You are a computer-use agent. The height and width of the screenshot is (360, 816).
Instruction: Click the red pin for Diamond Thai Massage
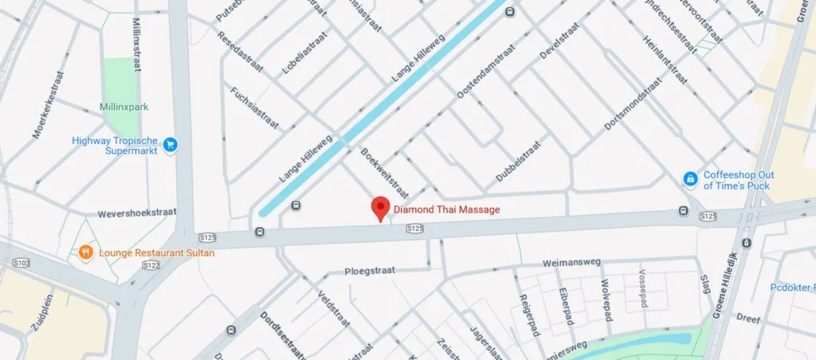pos(381,208)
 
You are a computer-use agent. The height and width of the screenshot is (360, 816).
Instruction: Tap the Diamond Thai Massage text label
pos(447,210)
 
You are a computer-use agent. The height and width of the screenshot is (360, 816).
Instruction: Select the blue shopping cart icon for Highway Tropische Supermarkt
pos(170,145)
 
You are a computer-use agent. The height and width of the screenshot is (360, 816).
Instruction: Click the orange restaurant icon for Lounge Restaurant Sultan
pos(85,252)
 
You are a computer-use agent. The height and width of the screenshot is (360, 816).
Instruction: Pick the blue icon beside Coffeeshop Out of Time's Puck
pos(689,180)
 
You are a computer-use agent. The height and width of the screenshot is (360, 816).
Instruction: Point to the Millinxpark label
pos(124,107)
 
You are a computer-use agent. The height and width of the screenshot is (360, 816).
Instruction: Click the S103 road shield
pos(22,262)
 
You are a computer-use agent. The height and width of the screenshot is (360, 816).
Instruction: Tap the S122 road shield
pos(149,264)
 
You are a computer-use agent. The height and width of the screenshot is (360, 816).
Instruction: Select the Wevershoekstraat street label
pos(135,214)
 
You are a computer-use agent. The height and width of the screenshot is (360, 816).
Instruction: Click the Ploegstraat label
pos(370,271)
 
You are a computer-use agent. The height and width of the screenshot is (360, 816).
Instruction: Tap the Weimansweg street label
pos(571,262)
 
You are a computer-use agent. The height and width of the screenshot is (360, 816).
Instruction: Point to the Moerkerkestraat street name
pos(48,104)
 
